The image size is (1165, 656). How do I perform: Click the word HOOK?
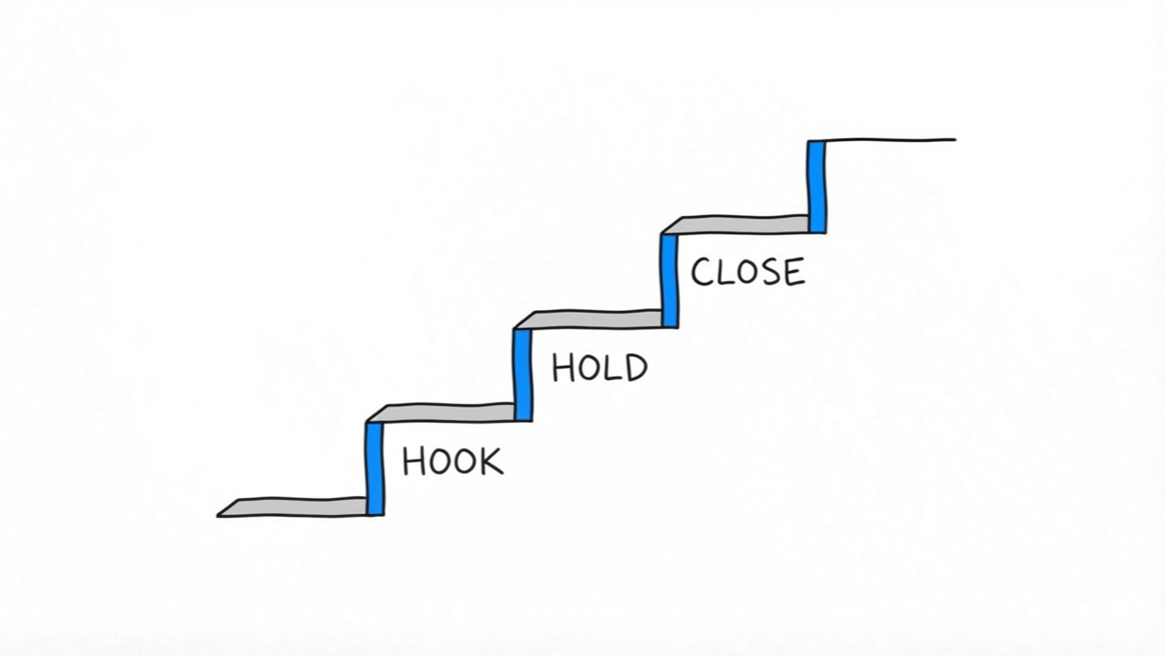point(452,461)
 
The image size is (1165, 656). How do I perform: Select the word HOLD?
point(599,367)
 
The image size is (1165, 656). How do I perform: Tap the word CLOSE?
point(747,272)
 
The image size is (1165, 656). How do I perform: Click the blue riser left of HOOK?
point(375,468)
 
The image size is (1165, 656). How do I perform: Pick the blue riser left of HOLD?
point(523,374)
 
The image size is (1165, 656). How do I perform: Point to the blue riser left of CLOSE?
point(669,279)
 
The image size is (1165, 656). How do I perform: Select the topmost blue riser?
point(817,185)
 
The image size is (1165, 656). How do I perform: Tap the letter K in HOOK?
point(491,461)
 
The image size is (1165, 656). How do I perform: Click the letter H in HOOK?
point(414,461)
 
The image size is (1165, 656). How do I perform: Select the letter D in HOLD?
point(634,367)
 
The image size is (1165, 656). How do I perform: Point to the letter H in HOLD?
point(563,368)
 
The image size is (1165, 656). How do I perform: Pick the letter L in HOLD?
point(612,368)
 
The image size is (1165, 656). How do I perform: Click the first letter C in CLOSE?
point(702,272)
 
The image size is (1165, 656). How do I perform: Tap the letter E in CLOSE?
point(793,272)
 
